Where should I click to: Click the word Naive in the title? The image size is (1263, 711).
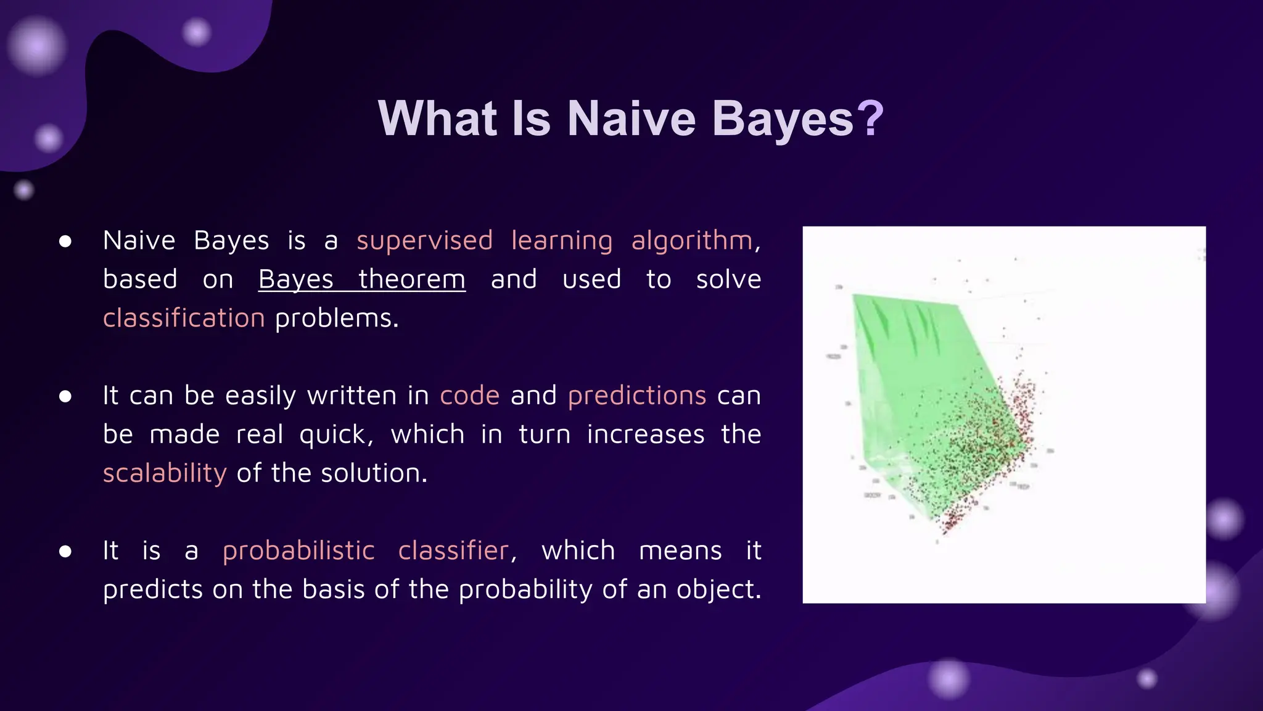click(631, 118)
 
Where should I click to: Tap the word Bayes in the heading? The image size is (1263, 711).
click(783, 118)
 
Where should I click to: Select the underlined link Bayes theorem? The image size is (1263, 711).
click(361, 280)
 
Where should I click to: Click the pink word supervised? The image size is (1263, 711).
click(424, 241)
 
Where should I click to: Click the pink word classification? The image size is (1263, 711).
click(184, 318)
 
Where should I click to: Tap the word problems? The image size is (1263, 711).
click(336, 318)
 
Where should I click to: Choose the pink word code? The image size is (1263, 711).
click(469, 396)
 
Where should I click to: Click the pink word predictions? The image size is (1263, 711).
click(636, 396)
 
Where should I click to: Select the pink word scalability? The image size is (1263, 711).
click(165, 473)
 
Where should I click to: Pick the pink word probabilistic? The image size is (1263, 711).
click(298, 551)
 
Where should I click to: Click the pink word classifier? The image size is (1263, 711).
click(453, 551)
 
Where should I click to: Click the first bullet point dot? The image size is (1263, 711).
click(65, 241)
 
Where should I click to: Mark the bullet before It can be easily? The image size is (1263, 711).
click(65, 396)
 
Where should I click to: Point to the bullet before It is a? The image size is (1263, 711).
click(65, 551)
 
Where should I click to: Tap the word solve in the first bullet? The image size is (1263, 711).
click(728, 280)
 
